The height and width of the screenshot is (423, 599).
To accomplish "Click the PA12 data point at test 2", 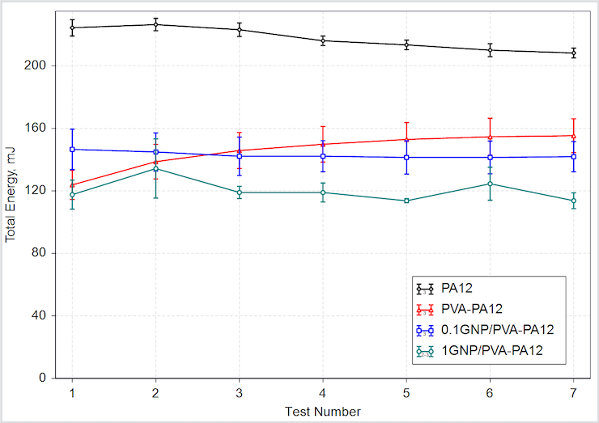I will (155, 24).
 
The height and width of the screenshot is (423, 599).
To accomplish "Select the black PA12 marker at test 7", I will (573, 53).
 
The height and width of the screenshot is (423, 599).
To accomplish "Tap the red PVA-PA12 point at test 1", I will (72, 184).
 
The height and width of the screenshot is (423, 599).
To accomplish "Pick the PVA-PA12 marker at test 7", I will (573, 135).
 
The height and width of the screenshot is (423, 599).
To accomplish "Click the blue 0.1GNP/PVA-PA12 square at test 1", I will (72, 149).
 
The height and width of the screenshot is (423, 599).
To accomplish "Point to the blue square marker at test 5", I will (406, 157).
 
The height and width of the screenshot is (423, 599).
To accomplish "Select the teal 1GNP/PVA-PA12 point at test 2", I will (155, 168).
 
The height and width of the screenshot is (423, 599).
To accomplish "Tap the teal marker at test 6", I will (490, 184).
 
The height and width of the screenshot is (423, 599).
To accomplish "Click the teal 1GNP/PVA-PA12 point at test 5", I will (406, 201).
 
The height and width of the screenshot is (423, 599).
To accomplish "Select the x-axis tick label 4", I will (322, 392).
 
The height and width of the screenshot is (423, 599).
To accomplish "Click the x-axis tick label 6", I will (490, 392).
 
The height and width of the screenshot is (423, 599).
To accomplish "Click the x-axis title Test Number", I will (322, 411).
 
